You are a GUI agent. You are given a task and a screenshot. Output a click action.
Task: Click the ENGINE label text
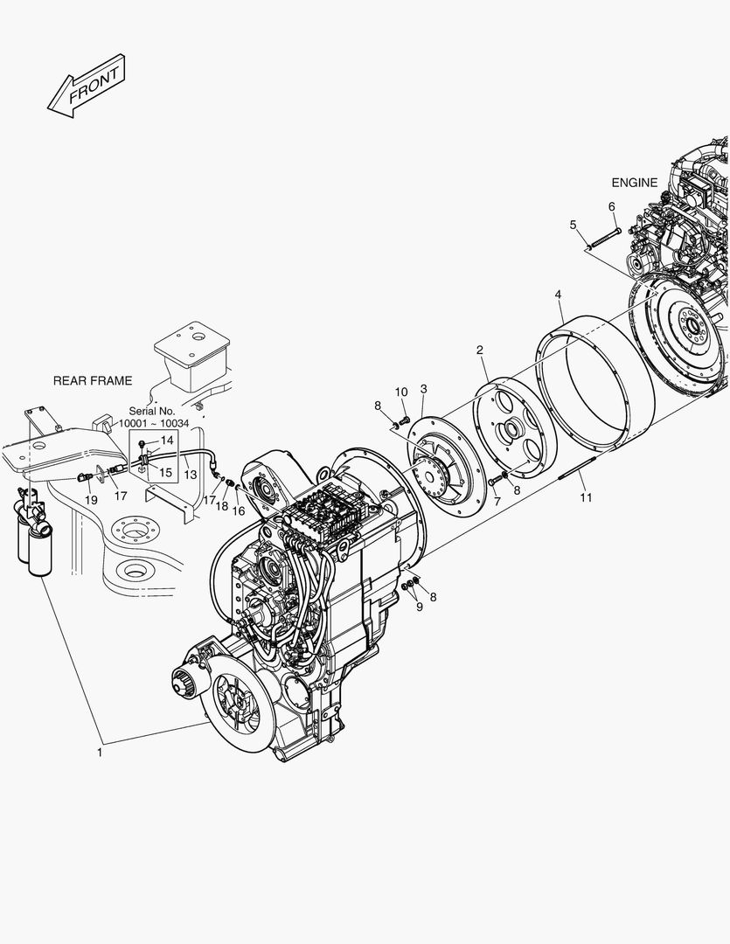[634, 183]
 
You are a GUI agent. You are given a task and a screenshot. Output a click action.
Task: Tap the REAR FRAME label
[93, 380]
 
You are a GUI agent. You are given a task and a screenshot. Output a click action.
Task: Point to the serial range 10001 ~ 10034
[154, 423]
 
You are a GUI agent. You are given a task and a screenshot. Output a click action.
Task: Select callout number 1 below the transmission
[100, 751]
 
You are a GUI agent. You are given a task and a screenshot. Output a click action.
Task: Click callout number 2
[480, 351]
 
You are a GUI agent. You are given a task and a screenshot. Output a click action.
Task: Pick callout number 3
[423, 388]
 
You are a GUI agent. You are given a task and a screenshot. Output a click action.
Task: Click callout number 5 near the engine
[573, 225]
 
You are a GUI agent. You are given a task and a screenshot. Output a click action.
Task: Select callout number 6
[612, 206]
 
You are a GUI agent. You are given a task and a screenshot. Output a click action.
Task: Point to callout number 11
[587, 497]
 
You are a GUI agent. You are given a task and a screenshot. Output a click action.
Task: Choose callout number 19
[91, 499]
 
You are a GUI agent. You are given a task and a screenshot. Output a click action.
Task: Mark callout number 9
[419, 607]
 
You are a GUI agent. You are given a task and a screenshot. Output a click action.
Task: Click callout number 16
[239, 510]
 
